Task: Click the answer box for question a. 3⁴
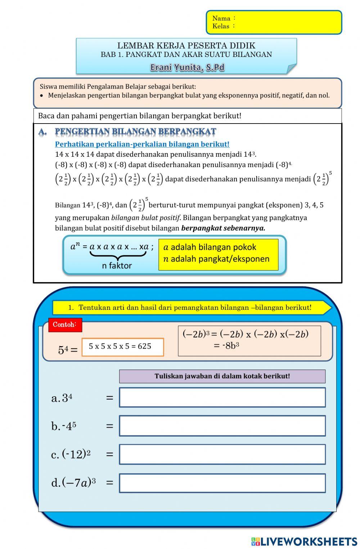pos(222,397)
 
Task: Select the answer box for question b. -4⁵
pos(222,426)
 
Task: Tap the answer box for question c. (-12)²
pos(222,454)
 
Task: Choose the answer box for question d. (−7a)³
pos(222,483)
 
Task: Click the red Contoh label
pos(65,325)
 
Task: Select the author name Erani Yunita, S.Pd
pos(187,67)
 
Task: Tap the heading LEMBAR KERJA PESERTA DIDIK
pos(186,46)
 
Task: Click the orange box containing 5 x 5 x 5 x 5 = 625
pos(122,347)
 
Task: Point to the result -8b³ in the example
pos(227,346)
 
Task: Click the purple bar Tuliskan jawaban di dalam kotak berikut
pos(222,376)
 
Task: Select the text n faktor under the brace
pos(117,265)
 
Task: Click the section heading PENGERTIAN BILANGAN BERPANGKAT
pos(135,132)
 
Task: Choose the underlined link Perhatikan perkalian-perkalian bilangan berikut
pos(142,144)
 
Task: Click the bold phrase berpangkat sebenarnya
pos(223,228)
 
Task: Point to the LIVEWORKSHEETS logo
pos(304,541)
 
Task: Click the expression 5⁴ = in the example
pos(68,350)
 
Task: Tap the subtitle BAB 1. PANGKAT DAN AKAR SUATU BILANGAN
pos(186,55)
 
